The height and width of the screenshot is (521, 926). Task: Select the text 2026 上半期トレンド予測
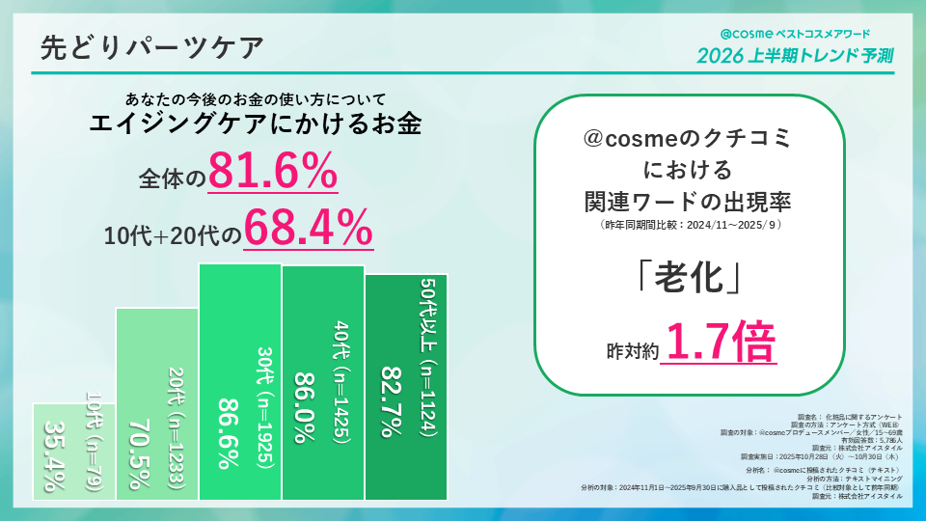(x=795, y=55)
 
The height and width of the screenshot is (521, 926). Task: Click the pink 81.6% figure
(x=272, y=174)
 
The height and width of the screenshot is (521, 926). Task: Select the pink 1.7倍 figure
(x=720, y=343)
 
